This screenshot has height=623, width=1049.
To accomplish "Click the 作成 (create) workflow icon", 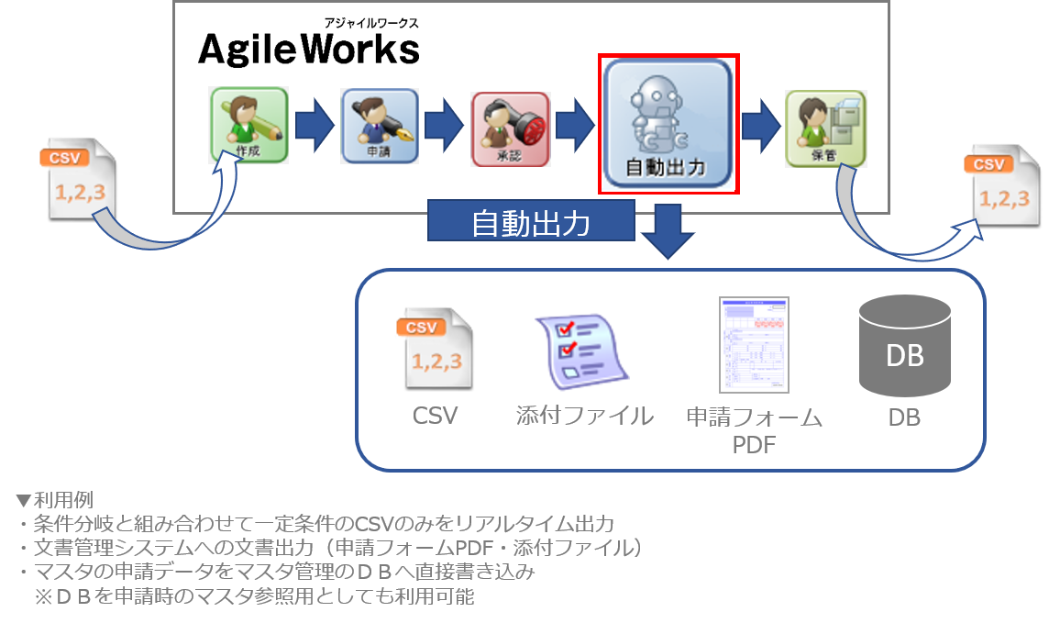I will [x=248, y=125].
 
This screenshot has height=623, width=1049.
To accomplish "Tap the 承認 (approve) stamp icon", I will [x=511, y=129].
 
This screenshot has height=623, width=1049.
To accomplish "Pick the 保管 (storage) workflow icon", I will [x=825, y=128].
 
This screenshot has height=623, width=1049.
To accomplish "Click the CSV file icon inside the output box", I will [x=435, y=349].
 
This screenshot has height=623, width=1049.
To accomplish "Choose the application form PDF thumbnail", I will [x=754, y=344].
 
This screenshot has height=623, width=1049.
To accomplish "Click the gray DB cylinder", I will [x=904, y=348].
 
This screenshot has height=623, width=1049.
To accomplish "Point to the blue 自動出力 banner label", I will [x=531, y=224].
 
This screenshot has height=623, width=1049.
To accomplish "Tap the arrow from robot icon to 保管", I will [x=760, y=126].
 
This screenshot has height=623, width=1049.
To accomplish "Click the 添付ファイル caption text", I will [x=584, y=416].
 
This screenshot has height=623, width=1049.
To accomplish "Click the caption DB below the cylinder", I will [x=904, y=417].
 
